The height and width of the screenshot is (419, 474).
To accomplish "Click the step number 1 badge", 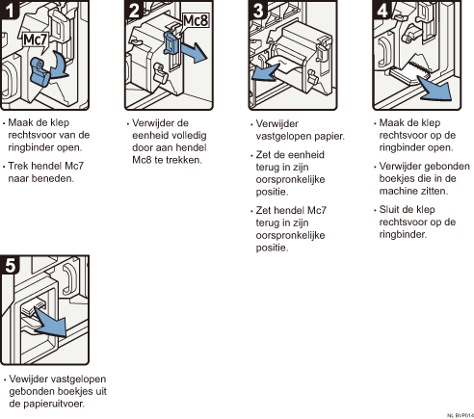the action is click(10, 10).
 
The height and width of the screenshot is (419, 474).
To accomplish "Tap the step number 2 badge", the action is click(134, 10).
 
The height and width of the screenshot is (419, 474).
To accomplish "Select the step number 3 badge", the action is click(258, 10).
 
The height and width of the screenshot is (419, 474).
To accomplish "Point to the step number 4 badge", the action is click(382, 10).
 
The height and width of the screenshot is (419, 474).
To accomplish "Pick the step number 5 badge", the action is click(10, 265).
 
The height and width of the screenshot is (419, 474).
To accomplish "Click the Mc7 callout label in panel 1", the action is click(36, 40).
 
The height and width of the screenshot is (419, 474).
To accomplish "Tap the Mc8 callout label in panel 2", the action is click(196, 21).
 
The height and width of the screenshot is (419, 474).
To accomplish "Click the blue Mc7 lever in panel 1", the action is click(39, 71).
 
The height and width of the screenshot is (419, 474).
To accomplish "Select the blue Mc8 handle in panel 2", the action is click(171, 42).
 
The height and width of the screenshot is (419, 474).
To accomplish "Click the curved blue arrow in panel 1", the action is click(61, 65).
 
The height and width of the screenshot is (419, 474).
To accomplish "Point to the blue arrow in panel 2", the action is click(194, 52).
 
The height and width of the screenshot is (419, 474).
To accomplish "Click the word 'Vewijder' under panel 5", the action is click(29, 380).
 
